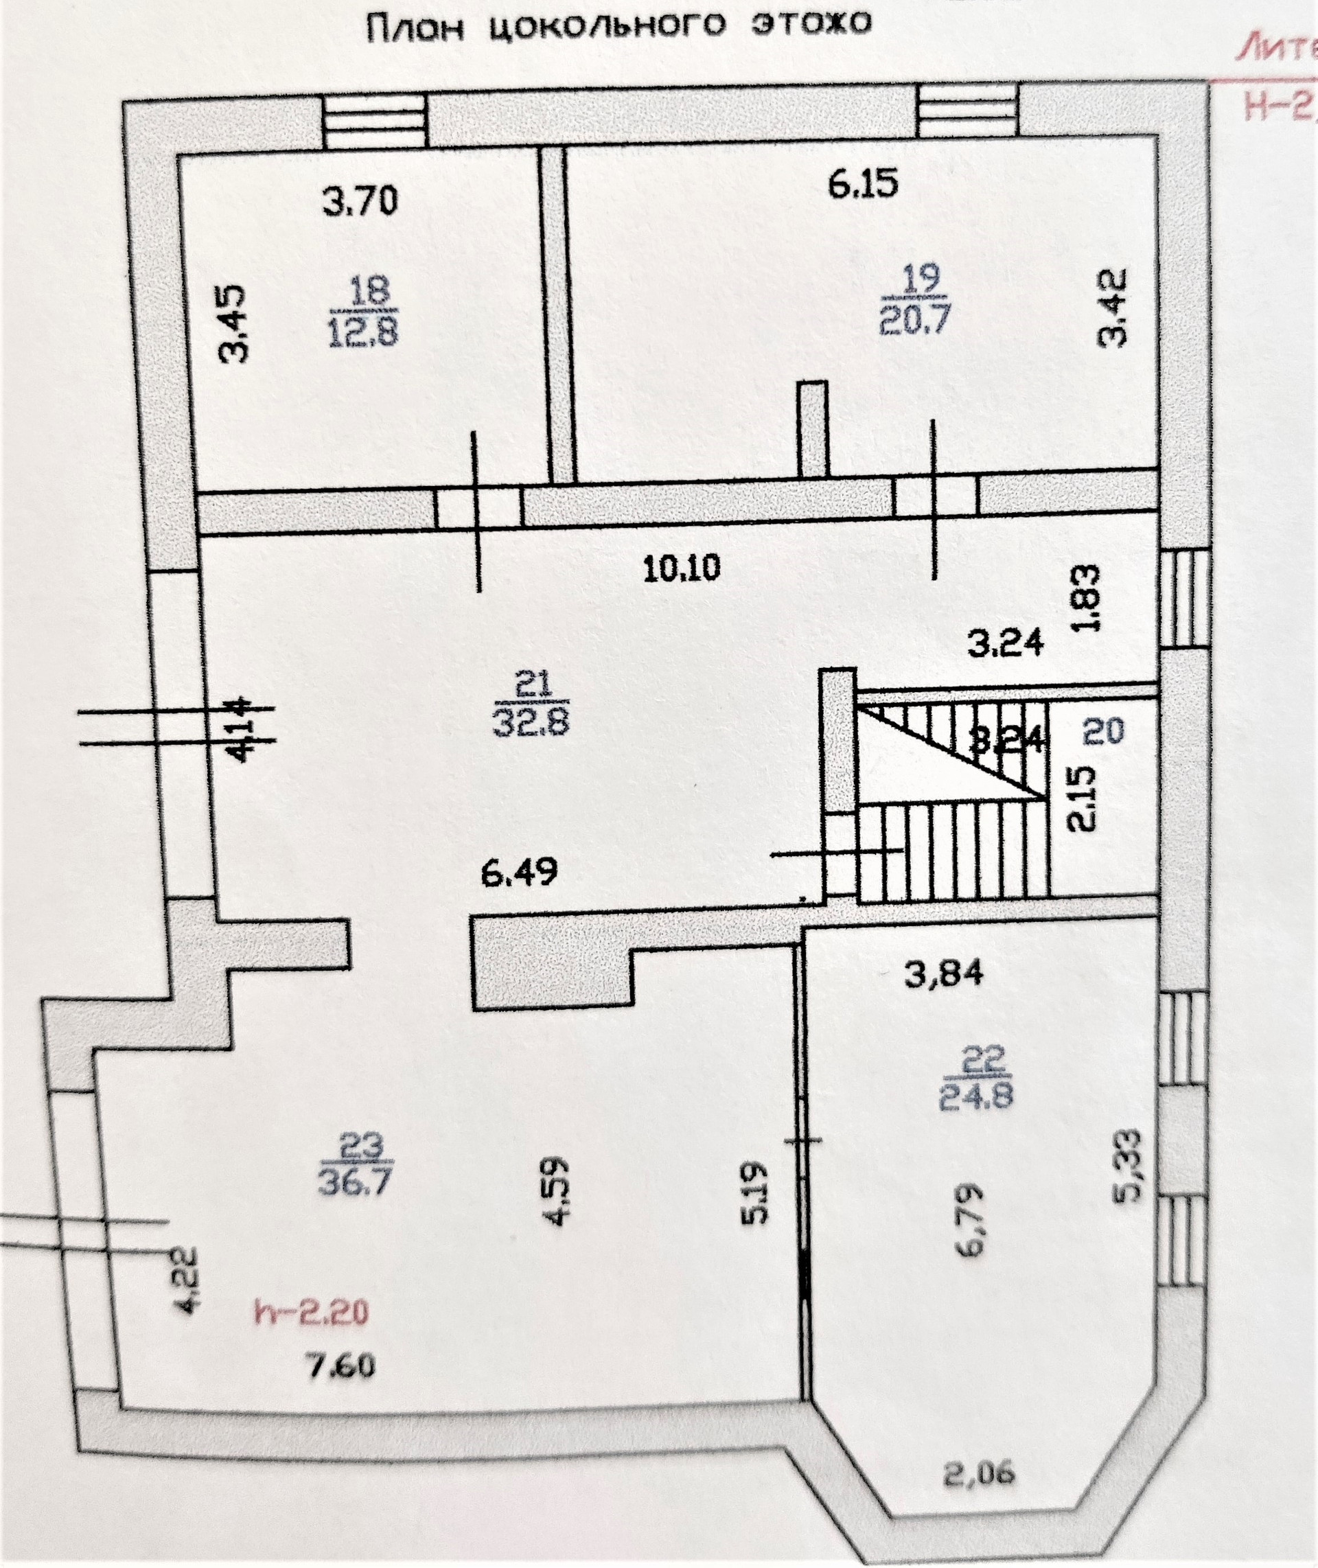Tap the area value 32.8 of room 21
coord(531,721)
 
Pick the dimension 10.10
coord(682,570)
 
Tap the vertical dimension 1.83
coord(1089,598)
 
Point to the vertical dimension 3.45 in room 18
coord(234,322)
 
